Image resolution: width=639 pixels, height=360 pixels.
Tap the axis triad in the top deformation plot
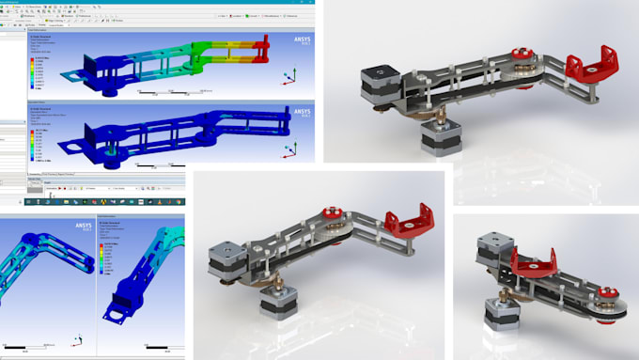[294, 79]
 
